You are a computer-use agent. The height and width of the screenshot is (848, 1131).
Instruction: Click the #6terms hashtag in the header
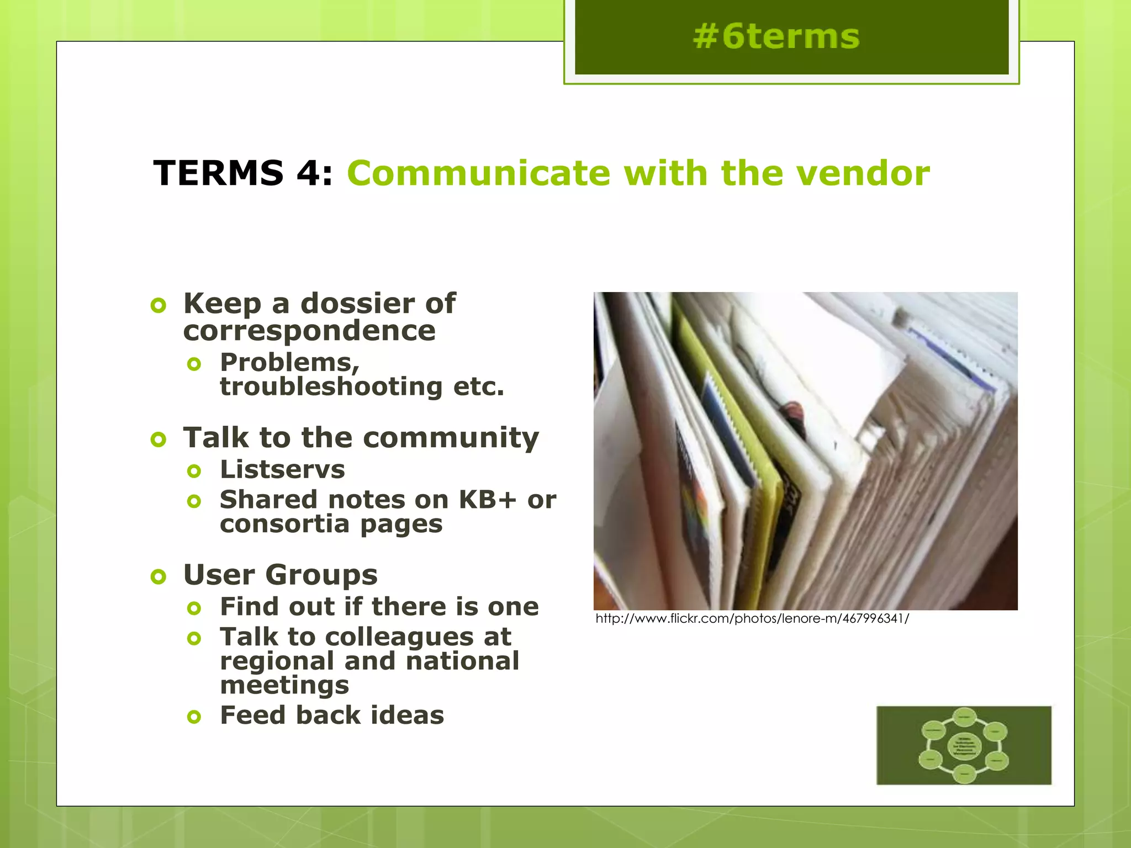click(776, 37)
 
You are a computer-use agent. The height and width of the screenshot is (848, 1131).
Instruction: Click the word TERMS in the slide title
click(218, 173)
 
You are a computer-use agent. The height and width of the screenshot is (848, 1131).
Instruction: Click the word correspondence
click(309, 330)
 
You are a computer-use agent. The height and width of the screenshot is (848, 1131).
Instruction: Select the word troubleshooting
click(331, 386)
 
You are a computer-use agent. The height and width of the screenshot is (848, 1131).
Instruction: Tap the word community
click(451, 438)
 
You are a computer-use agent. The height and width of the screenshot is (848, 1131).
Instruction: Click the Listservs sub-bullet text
click(282, 470)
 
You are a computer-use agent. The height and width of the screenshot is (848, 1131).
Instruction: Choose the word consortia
click(284, 523)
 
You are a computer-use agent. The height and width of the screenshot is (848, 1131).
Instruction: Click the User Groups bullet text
click(281, 575)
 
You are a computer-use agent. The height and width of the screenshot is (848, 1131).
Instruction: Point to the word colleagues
click(399, 637)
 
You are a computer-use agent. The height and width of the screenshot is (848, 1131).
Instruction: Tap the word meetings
click(284, 685)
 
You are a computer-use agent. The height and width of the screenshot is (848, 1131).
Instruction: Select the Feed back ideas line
click(332, 715)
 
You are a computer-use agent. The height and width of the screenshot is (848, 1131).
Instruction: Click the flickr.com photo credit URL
click(752, 618)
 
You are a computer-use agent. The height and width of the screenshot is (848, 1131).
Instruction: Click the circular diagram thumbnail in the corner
click(964, 745)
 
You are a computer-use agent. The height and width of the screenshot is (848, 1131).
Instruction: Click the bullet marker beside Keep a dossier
click(158, 305)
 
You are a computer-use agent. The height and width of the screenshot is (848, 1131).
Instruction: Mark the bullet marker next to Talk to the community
click(158, 439)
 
